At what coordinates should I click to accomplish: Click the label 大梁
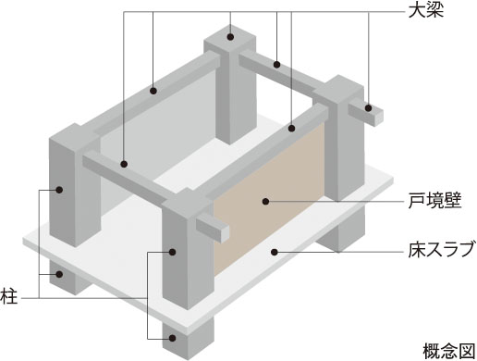[x=426, y=11]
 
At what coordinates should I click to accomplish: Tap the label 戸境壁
[x=434, y=201]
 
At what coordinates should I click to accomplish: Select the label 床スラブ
[x=441, y=250]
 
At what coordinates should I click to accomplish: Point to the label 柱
[x=9, y=297]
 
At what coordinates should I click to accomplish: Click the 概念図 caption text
[x=448, y=351]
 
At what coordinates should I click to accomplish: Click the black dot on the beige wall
[x=266, y=202]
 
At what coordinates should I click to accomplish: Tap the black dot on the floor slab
[x=274, y=252]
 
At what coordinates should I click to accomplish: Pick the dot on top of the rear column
[x=230, y=37]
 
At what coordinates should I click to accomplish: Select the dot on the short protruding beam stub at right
[x=368, y=108]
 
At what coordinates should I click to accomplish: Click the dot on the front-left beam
[x=124, y=164]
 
